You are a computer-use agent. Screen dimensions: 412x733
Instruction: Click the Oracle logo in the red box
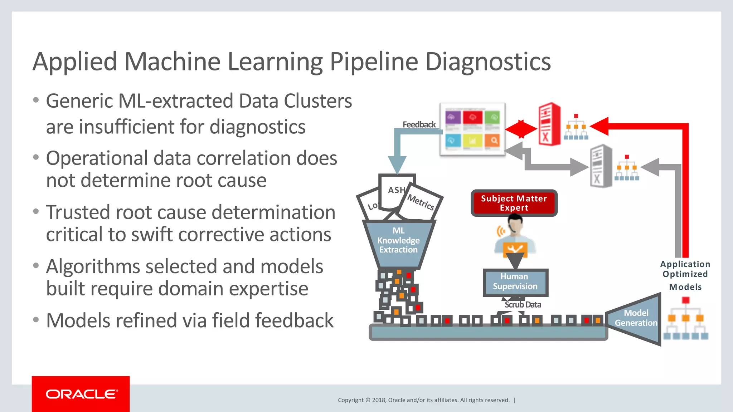81,394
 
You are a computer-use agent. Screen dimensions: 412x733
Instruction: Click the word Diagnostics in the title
488,62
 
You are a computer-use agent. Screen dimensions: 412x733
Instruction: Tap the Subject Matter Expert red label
514,203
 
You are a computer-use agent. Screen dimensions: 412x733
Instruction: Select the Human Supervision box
515,282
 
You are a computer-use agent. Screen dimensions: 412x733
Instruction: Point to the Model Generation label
636,318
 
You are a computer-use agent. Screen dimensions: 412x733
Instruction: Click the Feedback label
419,124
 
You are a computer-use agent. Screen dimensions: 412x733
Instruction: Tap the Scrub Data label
523,305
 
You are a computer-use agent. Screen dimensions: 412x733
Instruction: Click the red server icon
549,124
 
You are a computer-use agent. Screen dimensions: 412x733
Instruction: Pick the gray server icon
601,166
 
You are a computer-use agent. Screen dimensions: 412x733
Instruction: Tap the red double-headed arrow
521,129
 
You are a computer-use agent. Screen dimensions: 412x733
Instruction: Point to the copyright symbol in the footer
368,400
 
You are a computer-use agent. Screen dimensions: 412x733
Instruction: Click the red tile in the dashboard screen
472,117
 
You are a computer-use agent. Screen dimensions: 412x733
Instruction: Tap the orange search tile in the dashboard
494,141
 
